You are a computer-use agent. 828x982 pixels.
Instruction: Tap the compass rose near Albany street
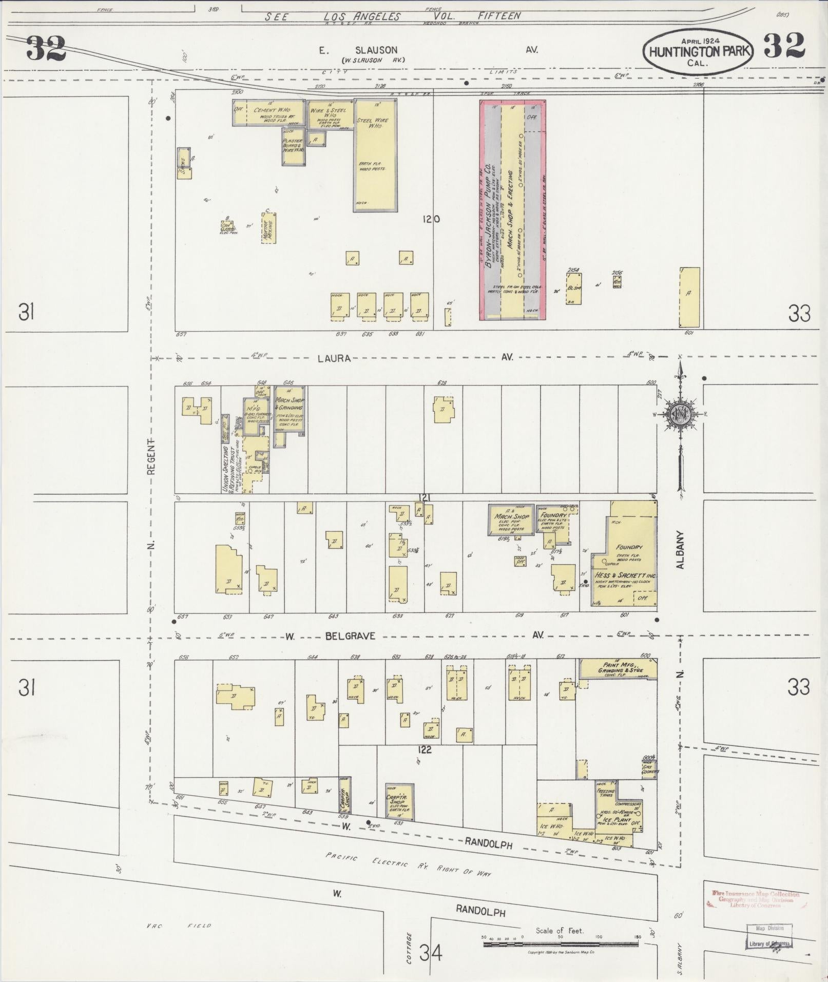pos(680,414)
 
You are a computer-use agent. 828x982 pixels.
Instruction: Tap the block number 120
pos(431,219)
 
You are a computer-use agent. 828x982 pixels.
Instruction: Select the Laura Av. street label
pos(334,358)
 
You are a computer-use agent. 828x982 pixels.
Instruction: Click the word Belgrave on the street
pos(350,636)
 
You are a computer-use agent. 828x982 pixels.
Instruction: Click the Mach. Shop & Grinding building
pos(290,408)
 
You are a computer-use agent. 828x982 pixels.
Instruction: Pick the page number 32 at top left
pos(46,48)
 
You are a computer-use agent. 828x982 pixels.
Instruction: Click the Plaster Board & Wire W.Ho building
pos(294,146)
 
